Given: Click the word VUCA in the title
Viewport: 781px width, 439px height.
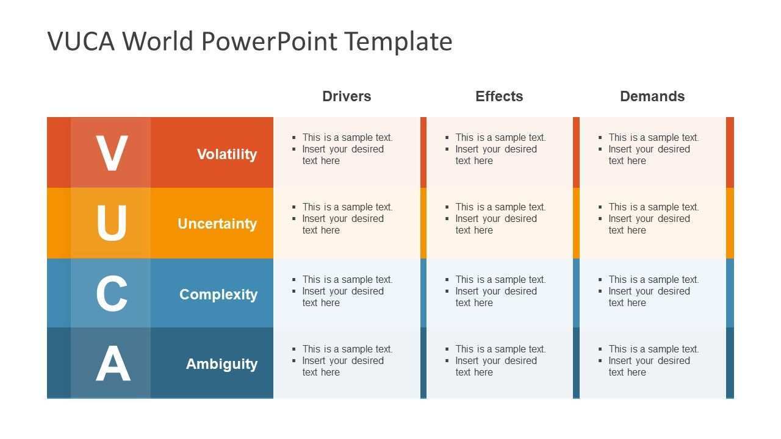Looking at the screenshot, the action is coord(81,41).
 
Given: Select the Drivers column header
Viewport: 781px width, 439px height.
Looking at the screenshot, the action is coord(347,96).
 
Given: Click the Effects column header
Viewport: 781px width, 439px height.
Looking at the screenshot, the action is coord(499,96).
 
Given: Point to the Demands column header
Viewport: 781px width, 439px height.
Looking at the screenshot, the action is coord(652,96).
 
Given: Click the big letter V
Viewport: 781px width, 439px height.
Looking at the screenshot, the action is coord(112,153).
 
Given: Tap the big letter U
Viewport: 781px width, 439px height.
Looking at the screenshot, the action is coord(112,223).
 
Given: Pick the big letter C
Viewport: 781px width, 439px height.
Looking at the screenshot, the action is coord(112,293).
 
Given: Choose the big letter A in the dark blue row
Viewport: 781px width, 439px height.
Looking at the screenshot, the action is coord(113,363).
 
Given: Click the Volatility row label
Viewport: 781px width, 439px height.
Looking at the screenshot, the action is coord(227,154).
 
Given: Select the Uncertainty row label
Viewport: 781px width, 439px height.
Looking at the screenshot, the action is coord(217,224).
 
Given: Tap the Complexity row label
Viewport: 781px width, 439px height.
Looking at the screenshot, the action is coord(218,294).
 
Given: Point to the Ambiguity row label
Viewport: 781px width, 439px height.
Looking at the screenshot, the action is coord(221,364).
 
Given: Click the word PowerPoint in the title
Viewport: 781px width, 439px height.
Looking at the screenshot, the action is coord(269,41).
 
